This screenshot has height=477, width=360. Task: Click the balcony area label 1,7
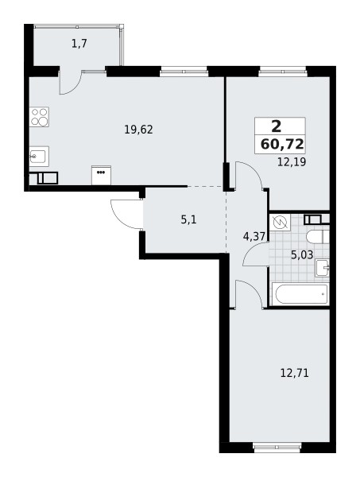pos(78,45)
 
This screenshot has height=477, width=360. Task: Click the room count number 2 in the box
pos(276,126)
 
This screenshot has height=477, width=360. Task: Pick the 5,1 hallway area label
pos(188,219)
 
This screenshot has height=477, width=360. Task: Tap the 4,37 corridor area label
pos(253,235)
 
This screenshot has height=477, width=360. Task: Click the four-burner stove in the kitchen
pos(39,118)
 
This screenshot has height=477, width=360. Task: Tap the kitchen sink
pos(38,156)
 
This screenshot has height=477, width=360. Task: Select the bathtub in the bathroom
pos(300,293)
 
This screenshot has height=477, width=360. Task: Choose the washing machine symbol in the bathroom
pos(279,223)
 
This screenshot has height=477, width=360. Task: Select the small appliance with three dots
pos(101,171)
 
